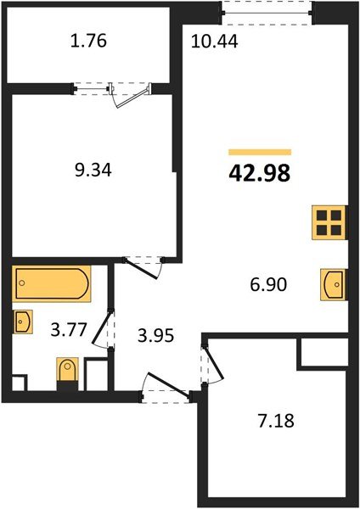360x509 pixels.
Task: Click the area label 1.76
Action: click(89, 41)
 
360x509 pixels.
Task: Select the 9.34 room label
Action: click(93, 170)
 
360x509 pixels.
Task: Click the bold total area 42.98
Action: click(259, 174)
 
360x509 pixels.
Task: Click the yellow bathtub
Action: click(51, 284)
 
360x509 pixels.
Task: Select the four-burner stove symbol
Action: click(328, 222)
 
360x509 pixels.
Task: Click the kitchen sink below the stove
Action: click(332, 283)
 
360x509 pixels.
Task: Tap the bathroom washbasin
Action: click(24, 322)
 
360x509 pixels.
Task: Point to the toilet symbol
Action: click(66, 372)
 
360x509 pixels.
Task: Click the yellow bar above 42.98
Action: click(259, 152)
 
